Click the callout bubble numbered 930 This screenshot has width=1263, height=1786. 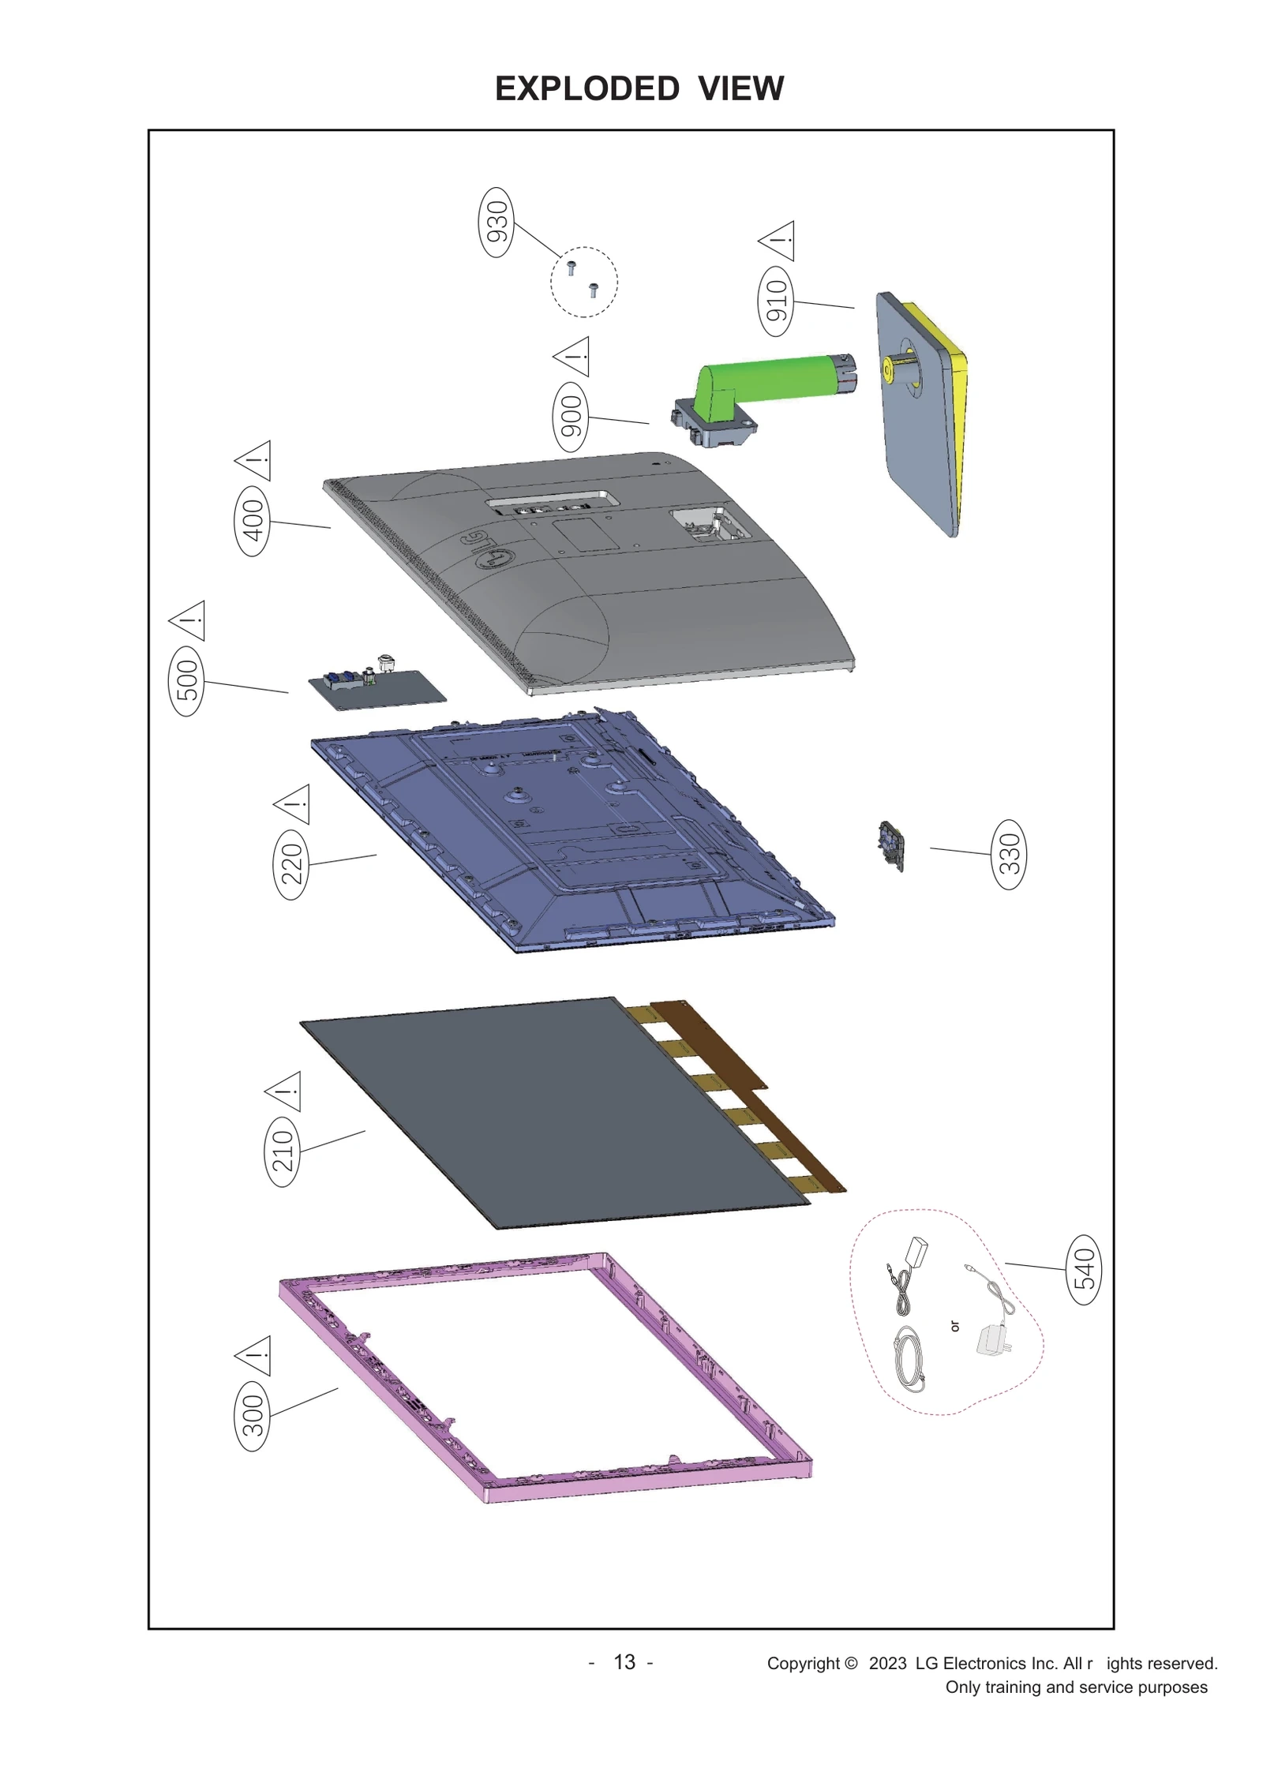point(497,223)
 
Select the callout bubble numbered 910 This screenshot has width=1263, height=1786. point(777,301)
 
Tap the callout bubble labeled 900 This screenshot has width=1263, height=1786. point(570,416)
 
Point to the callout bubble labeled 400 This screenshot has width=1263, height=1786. point(253,521)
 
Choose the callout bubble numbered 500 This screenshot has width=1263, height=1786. point(187,680)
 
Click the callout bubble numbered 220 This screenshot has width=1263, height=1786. point(291,863)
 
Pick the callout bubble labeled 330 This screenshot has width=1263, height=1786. point(1010,854)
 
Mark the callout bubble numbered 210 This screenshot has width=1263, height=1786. point(282,1151)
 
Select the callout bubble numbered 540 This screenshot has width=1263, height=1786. point(1085,1269)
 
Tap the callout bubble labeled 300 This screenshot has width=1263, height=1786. point(253,1416)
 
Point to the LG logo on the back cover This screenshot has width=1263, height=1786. point(485,550)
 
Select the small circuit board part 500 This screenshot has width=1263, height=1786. point(376,684)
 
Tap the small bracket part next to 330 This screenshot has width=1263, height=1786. point(891,846)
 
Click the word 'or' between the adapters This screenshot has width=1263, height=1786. point(955,1327)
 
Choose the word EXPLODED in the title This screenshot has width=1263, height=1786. point(587,88)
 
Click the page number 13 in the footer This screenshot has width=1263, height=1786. point(624,1662)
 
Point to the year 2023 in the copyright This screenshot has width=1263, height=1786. point(887,1664)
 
